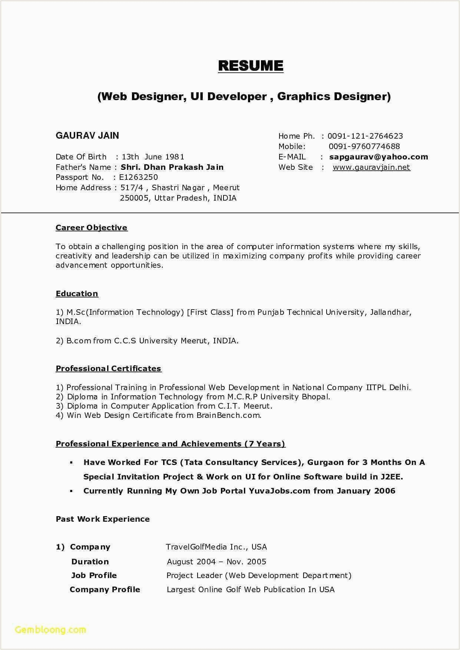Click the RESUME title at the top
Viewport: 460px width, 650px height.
[x=251, y=66]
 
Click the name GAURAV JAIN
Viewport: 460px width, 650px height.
[x=87, y=136]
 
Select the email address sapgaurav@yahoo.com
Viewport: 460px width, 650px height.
[x=378, y=157]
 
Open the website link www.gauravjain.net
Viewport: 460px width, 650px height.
[x=371, y=167]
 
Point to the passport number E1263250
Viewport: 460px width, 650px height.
[x=138, y=177]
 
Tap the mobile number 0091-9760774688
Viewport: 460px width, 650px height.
[x=364, y=146]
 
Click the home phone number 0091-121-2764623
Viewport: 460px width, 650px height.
[x=365, y=136]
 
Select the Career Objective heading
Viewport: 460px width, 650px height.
[x=92, y=228]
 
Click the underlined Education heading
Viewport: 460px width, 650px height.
[x=77, y=294]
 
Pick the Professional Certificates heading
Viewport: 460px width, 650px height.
[x=109, y=369]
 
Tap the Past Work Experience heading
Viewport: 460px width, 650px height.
[x=103, y=519]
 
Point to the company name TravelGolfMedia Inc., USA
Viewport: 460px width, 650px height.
[x=216, y=547]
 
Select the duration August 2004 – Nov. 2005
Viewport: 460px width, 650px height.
[x=216, y=562]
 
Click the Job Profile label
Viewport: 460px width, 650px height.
[x=94, y=575]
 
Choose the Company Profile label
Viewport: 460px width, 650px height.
[x=105, y=590]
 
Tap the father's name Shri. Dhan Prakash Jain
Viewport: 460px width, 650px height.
[x=172, y=167]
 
